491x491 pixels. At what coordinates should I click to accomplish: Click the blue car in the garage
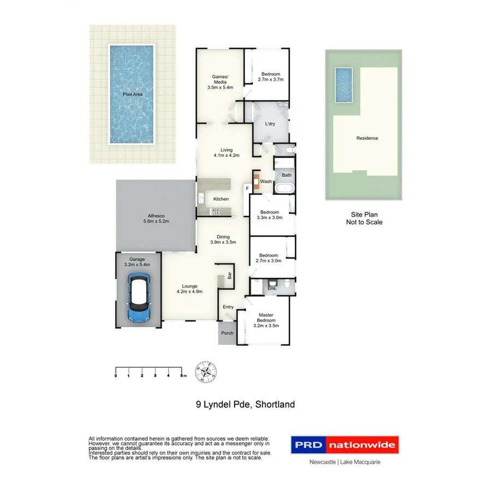coord(139,297)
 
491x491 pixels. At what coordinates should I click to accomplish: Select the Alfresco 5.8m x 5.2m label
coord(155,218)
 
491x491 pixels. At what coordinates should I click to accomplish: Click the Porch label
coord(227,333)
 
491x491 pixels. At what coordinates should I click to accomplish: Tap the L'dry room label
coord(270,124)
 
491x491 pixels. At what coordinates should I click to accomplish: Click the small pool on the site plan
coord(343,85)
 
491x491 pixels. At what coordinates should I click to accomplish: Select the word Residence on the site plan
coord(367,139)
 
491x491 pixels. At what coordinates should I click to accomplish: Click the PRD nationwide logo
coord(344,445)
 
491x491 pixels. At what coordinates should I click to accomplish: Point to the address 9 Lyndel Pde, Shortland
coord(245,405)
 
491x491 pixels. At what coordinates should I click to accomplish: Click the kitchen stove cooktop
coord(215,212)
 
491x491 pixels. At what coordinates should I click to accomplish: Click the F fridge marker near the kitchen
coord(247,189)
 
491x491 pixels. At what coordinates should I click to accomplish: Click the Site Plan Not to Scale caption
coord(364,219)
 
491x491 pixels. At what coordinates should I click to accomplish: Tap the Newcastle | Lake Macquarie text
coord(344,462)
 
